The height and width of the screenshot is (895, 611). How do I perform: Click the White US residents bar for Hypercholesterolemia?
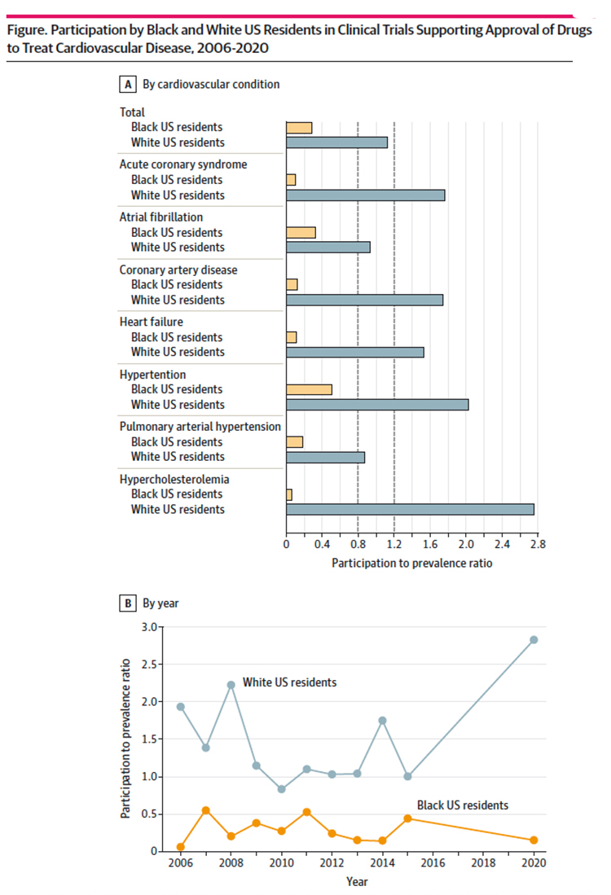pyautogui.click(x=410, y=509)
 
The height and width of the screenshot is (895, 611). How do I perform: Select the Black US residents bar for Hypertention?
pyautogui.click(x=309, y=389)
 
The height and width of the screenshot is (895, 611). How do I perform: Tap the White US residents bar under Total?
pyautogui.click(x=336, y=143)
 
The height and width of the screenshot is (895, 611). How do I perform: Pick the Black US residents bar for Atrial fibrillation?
pyautogui.click(x=301, y=232)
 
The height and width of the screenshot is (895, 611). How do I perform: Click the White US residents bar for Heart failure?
pyautogui.click(x=354, y=352)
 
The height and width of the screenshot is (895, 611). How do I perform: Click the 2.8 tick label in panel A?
pyautogui.click(x=536, y=543)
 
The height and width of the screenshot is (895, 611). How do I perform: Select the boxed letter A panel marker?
pyautogui.click(x=127, y=84)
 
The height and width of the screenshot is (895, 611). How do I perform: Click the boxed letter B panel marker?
pyautogui.click(x=127, y=603)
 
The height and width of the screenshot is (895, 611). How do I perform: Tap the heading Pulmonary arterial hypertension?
pyautogui.click(x=200, y=426)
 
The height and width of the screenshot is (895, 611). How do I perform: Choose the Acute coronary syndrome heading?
pyautogui.click(x=183, y=165)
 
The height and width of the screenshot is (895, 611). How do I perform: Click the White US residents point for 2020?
pyautogui.click(x=534, y=639)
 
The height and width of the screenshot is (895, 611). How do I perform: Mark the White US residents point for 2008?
pyautogui.click(x=231, y=685)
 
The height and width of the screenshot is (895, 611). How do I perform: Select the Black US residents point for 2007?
pyautogui.click(x=205, y=810)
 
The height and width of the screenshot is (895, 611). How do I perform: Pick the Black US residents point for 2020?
pyautogui.click(x=534, y=840)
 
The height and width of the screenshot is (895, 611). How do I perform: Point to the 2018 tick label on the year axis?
pyautogui.click(x=483, y=863)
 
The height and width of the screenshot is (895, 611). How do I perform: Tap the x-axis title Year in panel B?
pyautogui.click(x=357, y=880)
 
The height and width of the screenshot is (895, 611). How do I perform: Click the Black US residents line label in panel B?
pyautogui.click(x=463, y=805)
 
